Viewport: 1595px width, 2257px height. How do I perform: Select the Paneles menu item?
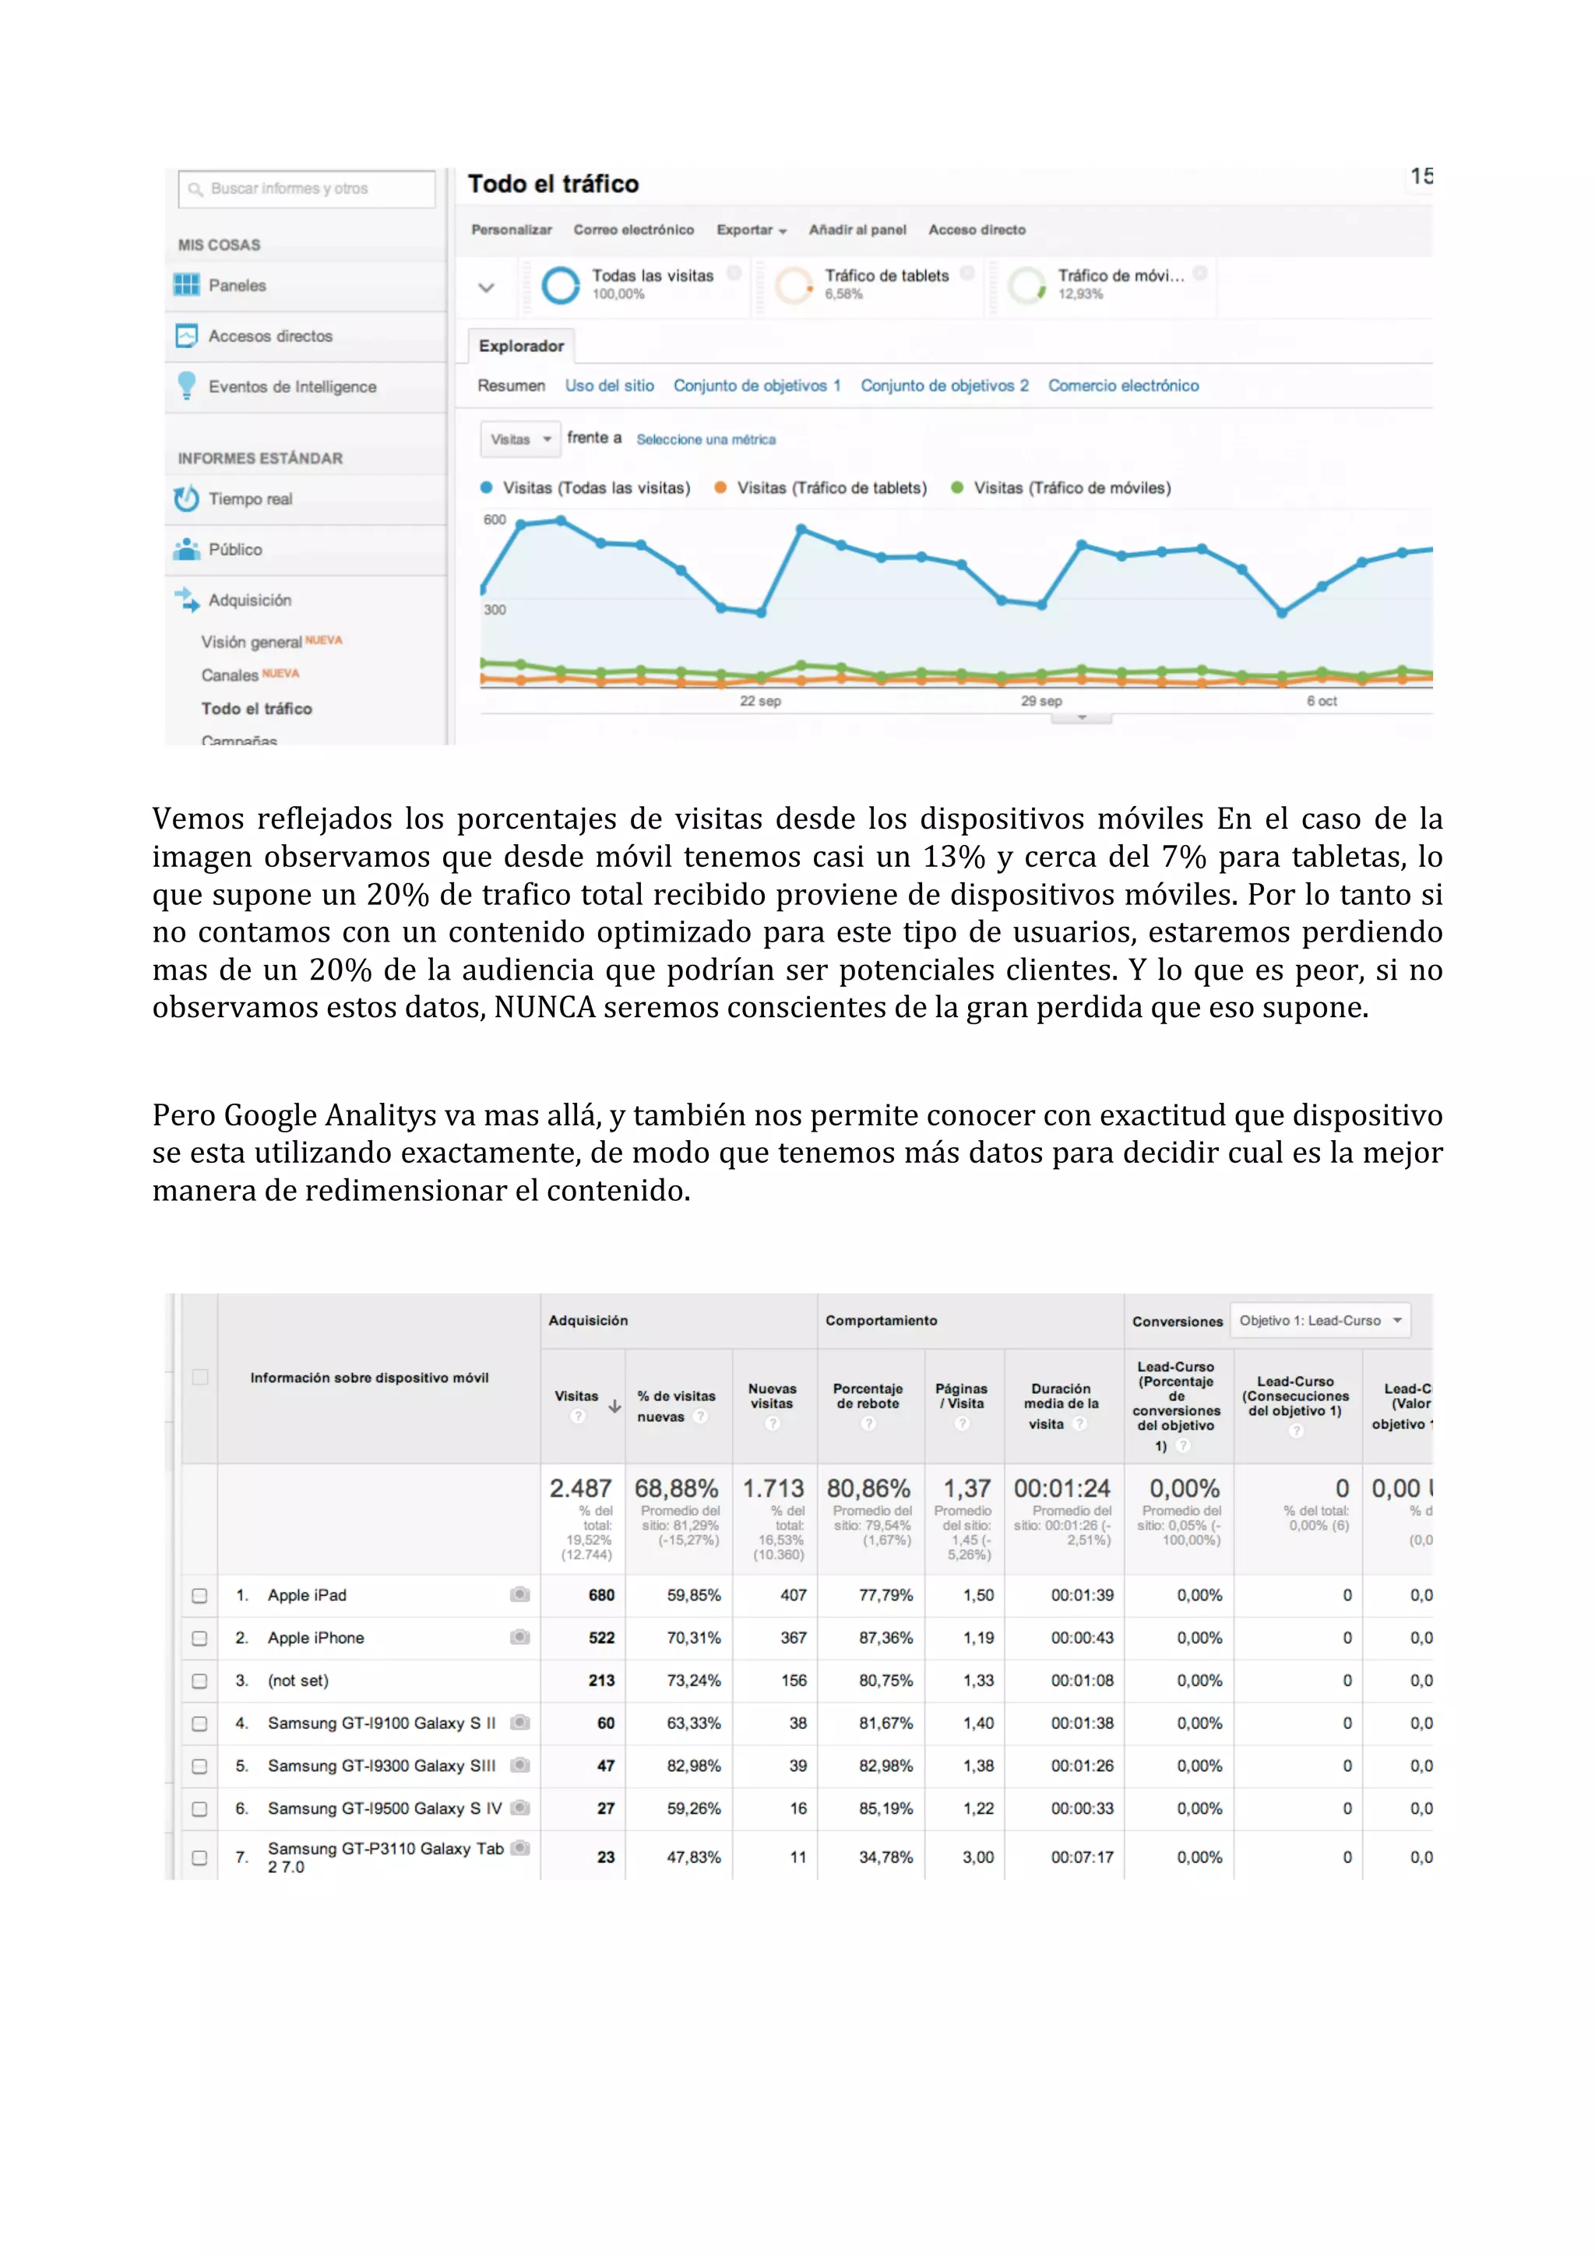click(x=237, y=285)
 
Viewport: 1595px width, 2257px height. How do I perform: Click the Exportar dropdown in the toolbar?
click(x=751, y=230)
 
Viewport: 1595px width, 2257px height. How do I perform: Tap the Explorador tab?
click(x=521, y=346)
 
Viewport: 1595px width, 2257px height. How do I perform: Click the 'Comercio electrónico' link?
click(x=1122, y=386)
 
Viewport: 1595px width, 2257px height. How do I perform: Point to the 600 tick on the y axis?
click(x=495, y=520)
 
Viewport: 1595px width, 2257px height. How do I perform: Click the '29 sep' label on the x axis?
click(x=1040, y=701)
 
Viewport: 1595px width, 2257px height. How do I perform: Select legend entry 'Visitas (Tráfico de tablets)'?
click(x=830, y=488)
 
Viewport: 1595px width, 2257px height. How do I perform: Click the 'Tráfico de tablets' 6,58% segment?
click(x=885, y=284)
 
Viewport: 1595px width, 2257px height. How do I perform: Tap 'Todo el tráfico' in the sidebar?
click(x=256, y=709)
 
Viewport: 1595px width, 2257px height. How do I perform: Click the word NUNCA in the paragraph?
click(x=544, y=1008)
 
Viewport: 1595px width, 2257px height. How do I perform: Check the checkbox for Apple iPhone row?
click(x=199, y=1638)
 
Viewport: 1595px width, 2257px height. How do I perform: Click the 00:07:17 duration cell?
click(x=1082, y=1857)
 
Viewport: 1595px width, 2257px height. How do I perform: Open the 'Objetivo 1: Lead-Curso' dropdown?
click(x=1320, y=1320)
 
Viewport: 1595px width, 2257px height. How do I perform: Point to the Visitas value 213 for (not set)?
click(x=601, y=1680)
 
